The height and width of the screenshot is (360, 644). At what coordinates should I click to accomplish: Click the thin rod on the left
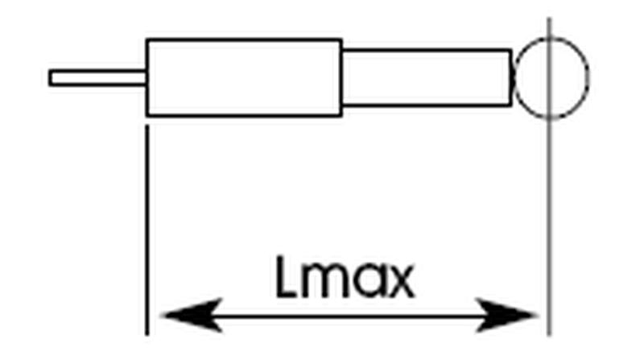pyautogui.click(x=97, y=77)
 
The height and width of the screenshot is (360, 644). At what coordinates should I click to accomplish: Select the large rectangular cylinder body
pyautogui.click(x=244, y=77)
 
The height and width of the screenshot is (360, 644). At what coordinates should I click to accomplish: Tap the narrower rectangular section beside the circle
pyautogui.click(x=427, y=77)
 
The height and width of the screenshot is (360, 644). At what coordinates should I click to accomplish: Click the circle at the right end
pyautogui.click(x=552, y=77)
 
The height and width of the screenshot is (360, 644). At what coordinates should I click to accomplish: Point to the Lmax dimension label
pyautogui.click(x=345, y=278)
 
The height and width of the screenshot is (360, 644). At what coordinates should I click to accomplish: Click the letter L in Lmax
pyautogui.click(x=287, y=278)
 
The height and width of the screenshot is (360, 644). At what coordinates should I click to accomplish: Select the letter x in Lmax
pyautogui.click(x=398, y=283)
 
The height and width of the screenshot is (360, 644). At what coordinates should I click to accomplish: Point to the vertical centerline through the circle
pyautogui.click(x=549, y=201)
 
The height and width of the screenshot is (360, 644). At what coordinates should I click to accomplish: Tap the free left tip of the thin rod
pyautogui.click(x=50, y=77)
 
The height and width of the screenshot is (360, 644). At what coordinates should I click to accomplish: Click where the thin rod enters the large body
pyautogui.click(x=147, y=77)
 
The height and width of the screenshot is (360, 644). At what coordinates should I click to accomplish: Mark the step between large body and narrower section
pyautogui.click(x=342, y=77)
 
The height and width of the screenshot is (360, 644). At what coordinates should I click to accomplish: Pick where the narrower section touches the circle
pyautogui.click(x=513, y=77)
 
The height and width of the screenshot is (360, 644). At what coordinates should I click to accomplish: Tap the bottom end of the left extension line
pyautogui.click(x=147, y=332)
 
